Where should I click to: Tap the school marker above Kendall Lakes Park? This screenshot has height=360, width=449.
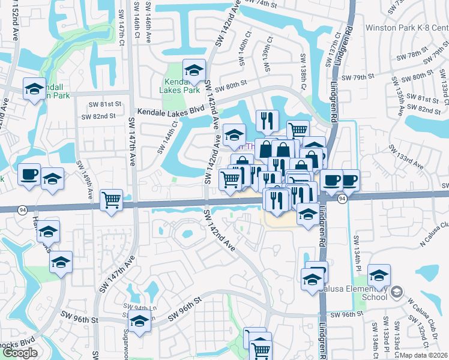pos(194,70)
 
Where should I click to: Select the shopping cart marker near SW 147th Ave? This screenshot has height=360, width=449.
pos(112,200)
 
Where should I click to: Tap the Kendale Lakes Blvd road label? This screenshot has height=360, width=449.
pos(170,112)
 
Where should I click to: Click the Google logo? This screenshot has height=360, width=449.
pos(20,353)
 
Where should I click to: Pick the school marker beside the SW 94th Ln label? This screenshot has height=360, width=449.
pos(139,320)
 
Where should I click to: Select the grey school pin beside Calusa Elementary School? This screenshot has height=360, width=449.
pos(396,292)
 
